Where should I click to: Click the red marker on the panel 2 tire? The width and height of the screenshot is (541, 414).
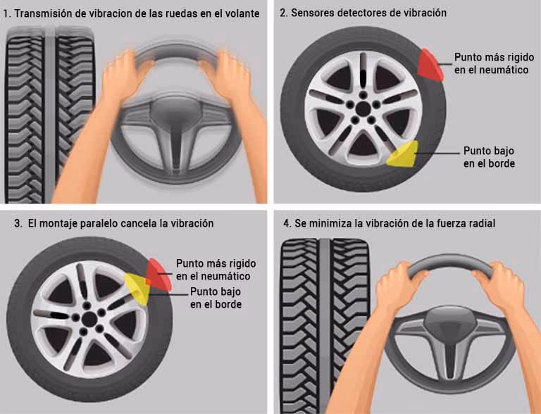click(429, 64)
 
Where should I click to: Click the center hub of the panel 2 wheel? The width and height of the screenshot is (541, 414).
click(362, 109)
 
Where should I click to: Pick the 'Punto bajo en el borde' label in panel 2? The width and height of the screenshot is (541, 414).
click(489, 157)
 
